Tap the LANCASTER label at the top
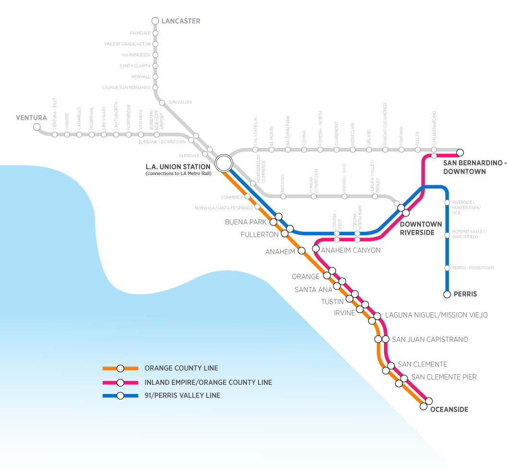pyautogui.click(x=181, y=21)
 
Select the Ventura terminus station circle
pyautogui.click(x=37, y=127)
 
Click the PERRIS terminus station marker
pyautogui.click(x=447, y=294)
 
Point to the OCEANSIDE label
pyautogui.click(x=449, y=409)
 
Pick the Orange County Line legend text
pyautogui.click(x=181, y=368)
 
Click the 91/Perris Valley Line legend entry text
pyautogui.click(x=182, y=395)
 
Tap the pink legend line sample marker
pyautogui.click(x=121, y=382)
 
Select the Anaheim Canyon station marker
pyautogui.click(x=316, y=249)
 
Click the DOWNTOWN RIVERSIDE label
pyautogui.click(x=420, y=228)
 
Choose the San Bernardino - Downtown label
pyautogui.click(x=473, y=167)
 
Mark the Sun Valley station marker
pyautogui.click(x=162, y=102)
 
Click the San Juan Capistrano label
pyautogui.click(x=430, y=340)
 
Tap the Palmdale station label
pyautogui.click(x=140, y=33)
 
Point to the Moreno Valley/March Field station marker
pyautogui.click(x=447, y=235)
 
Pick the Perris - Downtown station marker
pyautogui.click(x=447, y=268)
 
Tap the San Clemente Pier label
pyautogui.click(x=444, y=377)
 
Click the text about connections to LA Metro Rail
pyautogui.click(x=178, y=173)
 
